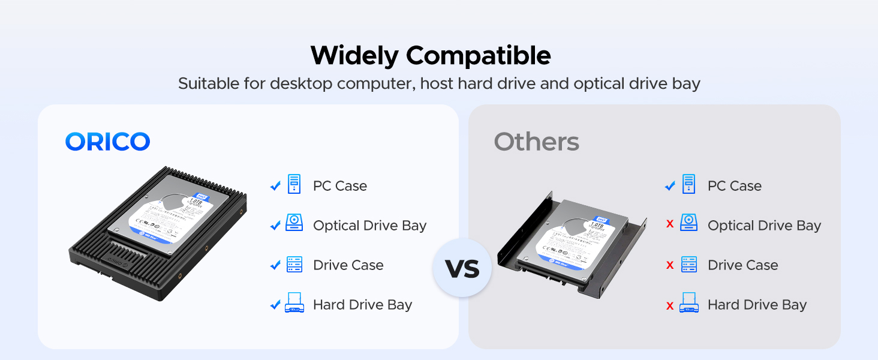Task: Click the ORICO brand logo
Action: pyautogui.click(x=107, y=142)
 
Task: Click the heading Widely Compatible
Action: pyautogui.click(x=430, y=56)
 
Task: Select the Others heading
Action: pyautogui.click(x=536, y=142)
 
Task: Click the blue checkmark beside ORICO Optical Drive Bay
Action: pyautogui.click(x=275, y=226)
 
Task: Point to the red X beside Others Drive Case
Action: pyautogui.click(x=670, y=265)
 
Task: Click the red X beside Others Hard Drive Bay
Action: pyautogui.click(x=670, y=305)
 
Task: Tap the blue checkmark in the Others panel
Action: pyautogui.click(x=670, y=186)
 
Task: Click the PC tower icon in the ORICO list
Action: pyautogui.click(x=294, y=184)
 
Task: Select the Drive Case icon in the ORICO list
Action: pyautogui.click(x=294, y=265)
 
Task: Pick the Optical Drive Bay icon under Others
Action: pyautogui.click(x=688, y=223)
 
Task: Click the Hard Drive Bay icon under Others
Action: pyautogui.click(x=688, y=303)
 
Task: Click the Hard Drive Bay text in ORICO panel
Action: pyautogui.click(x=362, y=305)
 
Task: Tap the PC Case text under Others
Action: pyautogui.click(x=734, y=186)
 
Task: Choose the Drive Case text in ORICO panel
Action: pyautogui.click(x=348, y=265)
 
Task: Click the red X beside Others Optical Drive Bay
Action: pyautogui.click(x=670, y=224)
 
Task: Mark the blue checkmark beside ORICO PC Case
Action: pyautogui.click(x=275, y=186)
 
